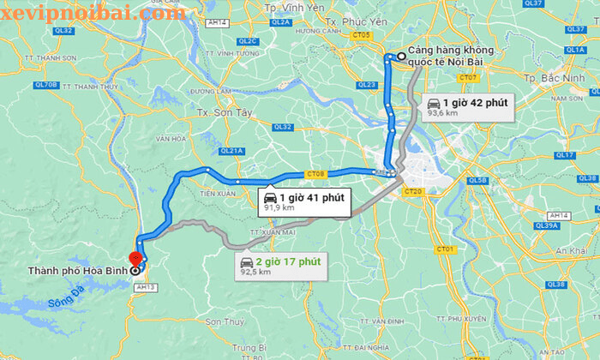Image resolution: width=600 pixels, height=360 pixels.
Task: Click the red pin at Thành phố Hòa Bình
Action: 134,257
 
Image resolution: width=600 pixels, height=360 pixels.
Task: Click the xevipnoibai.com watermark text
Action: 93,13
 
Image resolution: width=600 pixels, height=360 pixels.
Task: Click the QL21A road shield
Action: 231,151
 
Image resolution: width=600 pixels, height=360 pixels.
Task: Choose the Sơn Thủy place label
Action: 224,321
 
